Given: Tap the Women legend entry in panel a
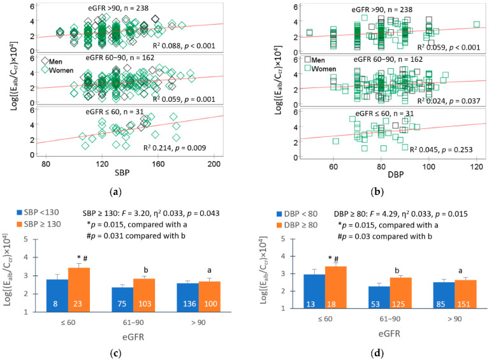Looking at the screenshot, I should pos(57,68).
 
